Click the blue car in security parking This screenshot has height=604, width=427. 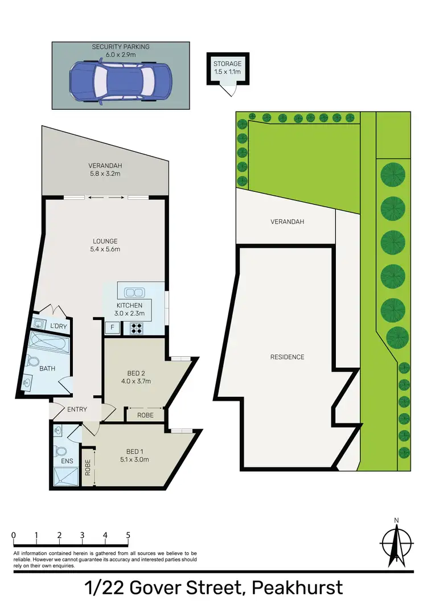click(x=120, y=83)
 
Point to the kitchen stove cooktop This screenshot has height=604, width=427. click(x=137, y=328)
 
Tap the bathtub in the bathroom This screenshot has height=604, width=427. click(x=48, y=344)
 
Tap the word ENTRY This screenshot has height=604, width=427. click(x=77, y=409)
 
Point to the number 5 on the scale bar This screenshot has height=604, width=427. click(x=128, y=535)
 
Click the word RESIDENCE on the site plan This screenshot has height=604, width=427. click(x=287, y=357)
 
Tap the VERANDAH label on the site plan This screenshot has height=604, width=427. click(x=287, y=221)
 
